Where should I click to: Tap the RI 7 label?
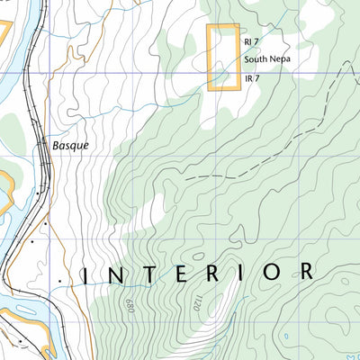pos(251,42)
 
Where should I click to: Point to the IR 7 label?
pos(251,78)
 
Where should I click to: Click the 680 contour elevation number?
pos(132,309)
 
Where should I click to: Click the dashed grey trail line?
pos(270,153)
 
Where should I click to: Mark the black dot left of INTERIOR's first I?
pos(60,282)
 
